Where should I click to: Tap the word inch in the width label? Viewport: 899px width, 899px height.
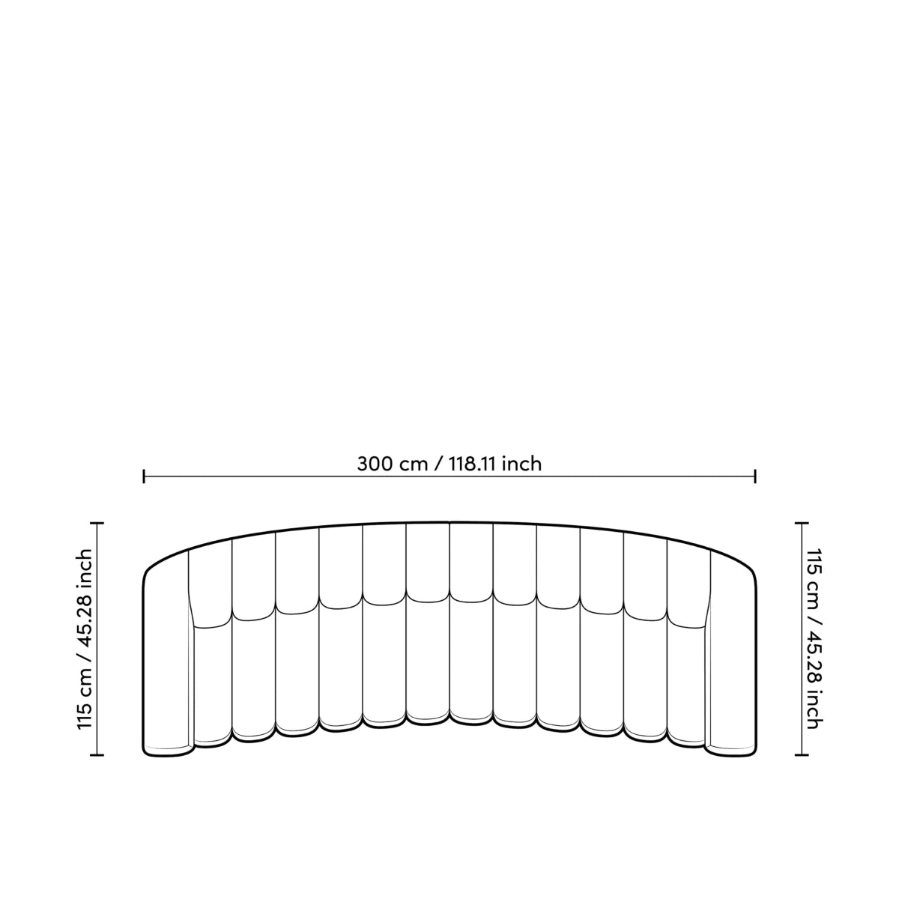coord(521,464)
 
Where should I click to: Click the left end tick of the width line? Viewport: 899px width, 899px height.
coord(144,476)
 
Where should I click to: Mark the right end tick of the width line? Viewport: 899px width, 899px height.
coord(755,476)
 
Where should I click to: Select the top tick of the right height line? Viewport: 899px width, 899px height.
coord(802,523)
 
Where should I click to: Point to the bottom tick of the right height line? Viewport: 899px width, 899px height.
coord(802,754)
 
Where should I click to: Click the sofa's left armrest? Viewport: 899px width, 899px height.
coord(166,667)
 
